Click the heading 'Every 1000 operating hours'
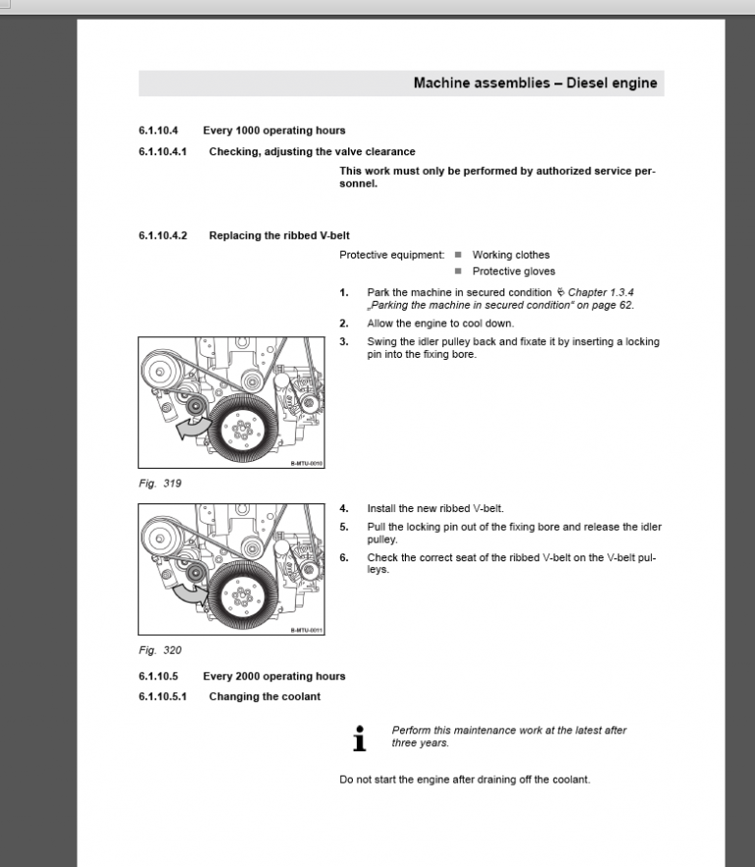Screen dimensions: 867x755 [x=273, y=131]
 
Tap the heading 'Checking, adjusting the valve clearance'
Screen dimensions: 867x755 [x=312, y=151]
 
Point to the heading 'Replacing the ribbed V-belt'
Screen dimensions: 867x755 [x=279, y=236]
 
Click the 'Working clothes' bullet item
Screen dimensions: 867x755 [x=510, y=255]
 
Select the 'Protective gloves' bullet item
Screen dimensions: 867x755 [x=513, y=271]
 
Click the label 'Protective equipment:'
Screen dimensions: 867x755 [x=391, y=255]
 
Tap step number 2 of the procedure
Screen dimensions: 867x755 [x=344, y=323]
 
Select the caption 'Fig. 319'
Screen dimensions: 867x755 [x=159, y=484]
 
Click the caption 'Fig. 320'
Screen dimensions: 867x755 [x=159, y=650]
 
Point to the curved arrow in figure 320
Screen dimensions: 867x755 [x=189, y=592]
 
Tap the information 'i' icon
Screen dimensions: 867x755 [x=360, y=738]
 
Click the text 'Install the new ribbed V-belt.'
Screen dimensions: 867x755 [x=435, y=508]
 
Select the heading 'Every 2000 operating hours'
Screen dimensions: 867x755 [x=273, y=676]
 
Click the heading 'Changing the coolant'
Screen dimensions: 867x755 [x=264, y=697]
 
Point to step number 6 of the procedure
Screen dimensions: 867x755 [x=344, y=557]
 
